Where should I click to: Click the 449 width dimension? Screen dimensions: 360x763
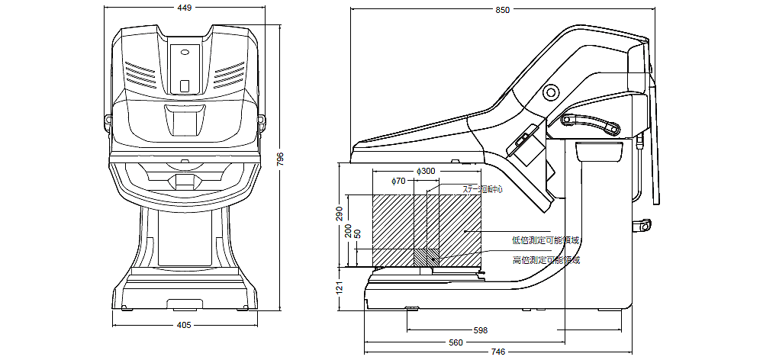pyautogui.click(x=184, y=8)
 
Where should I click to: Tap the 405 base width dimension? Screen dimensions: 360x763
pyautogui.click(x=184, y=325)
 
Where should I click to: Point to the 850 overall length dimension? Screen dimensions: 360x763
pyautogui.click(x=502, y=10)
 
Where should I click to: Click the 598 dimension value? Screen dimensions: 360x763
pyautogui.click(x=481, y=330)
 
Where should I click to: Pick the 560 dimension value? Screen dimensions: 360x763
pyautogui.click(x=456, y=342)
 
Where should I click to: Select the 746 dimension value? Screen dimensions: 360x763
pyautogui.click(x=497, y=352)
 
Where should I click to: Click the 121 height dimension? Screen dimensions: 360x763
pyautogui.click(x=340, y=288)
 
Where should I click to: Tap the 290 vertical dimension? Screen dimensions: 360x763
pyautogui.click(x=340, y=214)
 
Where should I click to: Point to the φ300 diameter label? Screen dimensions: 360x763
pyautogui.click(x=426, y=172)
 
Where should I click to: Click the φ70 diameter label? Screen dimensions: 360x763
pyautogui.click(x=398, y=182)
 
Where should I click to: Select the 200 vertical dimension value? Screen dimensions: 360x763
pyautogui.click(x=349, y=231)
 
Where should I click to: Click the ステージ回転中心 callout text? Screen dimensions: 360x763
pyautogui.click(x=483, y=188)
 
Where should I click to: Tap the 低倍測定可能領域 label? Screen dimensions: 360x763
pyautogui.click(x=546, y=240)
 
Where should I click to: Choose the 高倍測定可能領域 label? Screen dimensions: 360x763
pyautogui.click(x=546, y=260)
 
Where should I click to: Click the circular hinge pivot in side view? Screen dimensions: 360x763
pyautogui.click(x=550, y=92)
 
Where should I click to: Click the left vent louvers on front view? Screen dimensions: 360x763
pyautogui.click(x=140, y=74)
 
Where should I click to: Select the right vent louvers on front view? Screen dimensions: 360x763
pyautogui.click(x=229, y=74)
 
